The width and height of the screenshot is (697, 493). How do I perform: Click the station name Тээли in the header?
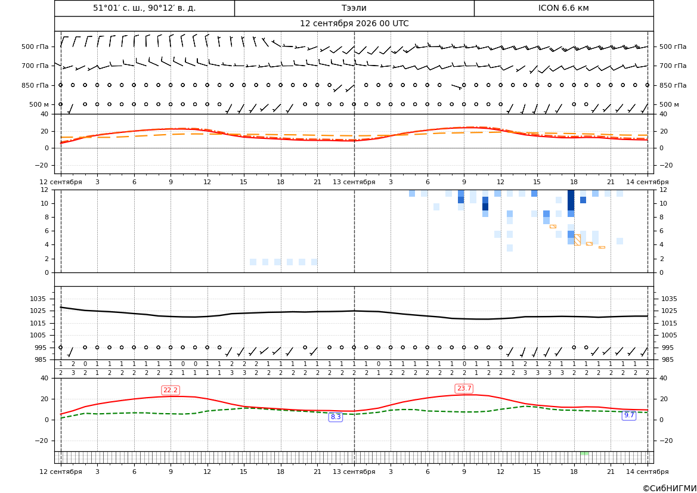(354, 8)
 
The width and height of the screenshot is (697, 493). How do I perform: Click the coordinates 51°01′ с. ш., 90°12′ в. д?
(144, 8)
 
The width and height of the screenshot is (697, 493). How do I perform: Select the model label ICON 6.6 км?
(563, 8)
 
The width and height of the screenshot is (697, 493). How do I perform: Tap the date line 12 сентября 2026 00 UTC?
(354, 24)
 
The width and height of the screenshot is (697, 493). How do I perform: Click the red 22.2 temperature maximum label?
(171, 390)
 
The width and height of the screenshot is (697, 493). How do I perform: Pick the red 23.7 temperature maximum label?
(464, 389)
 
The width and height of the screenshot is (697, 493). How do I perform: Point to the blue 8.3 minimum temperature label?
(336, 417)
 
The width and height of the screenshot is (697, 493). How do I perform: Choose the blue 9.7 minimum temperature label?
(629, 415)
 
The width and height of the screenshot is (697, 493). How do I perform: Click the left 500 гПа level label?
(35, 46)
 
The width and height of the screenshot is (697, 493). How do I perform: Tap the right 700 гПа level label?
(673, 66)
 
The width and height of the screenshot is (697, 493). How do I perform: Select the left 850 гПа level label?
(35, 85)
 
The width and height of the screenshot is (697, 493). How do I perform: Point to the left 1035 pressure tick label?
(36, 299)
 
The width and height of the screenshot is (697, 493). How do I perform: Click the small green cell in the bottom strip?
(584, 453)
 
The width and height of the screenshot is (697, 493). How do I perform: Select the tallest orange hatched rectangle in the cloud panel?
(577, 240)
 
